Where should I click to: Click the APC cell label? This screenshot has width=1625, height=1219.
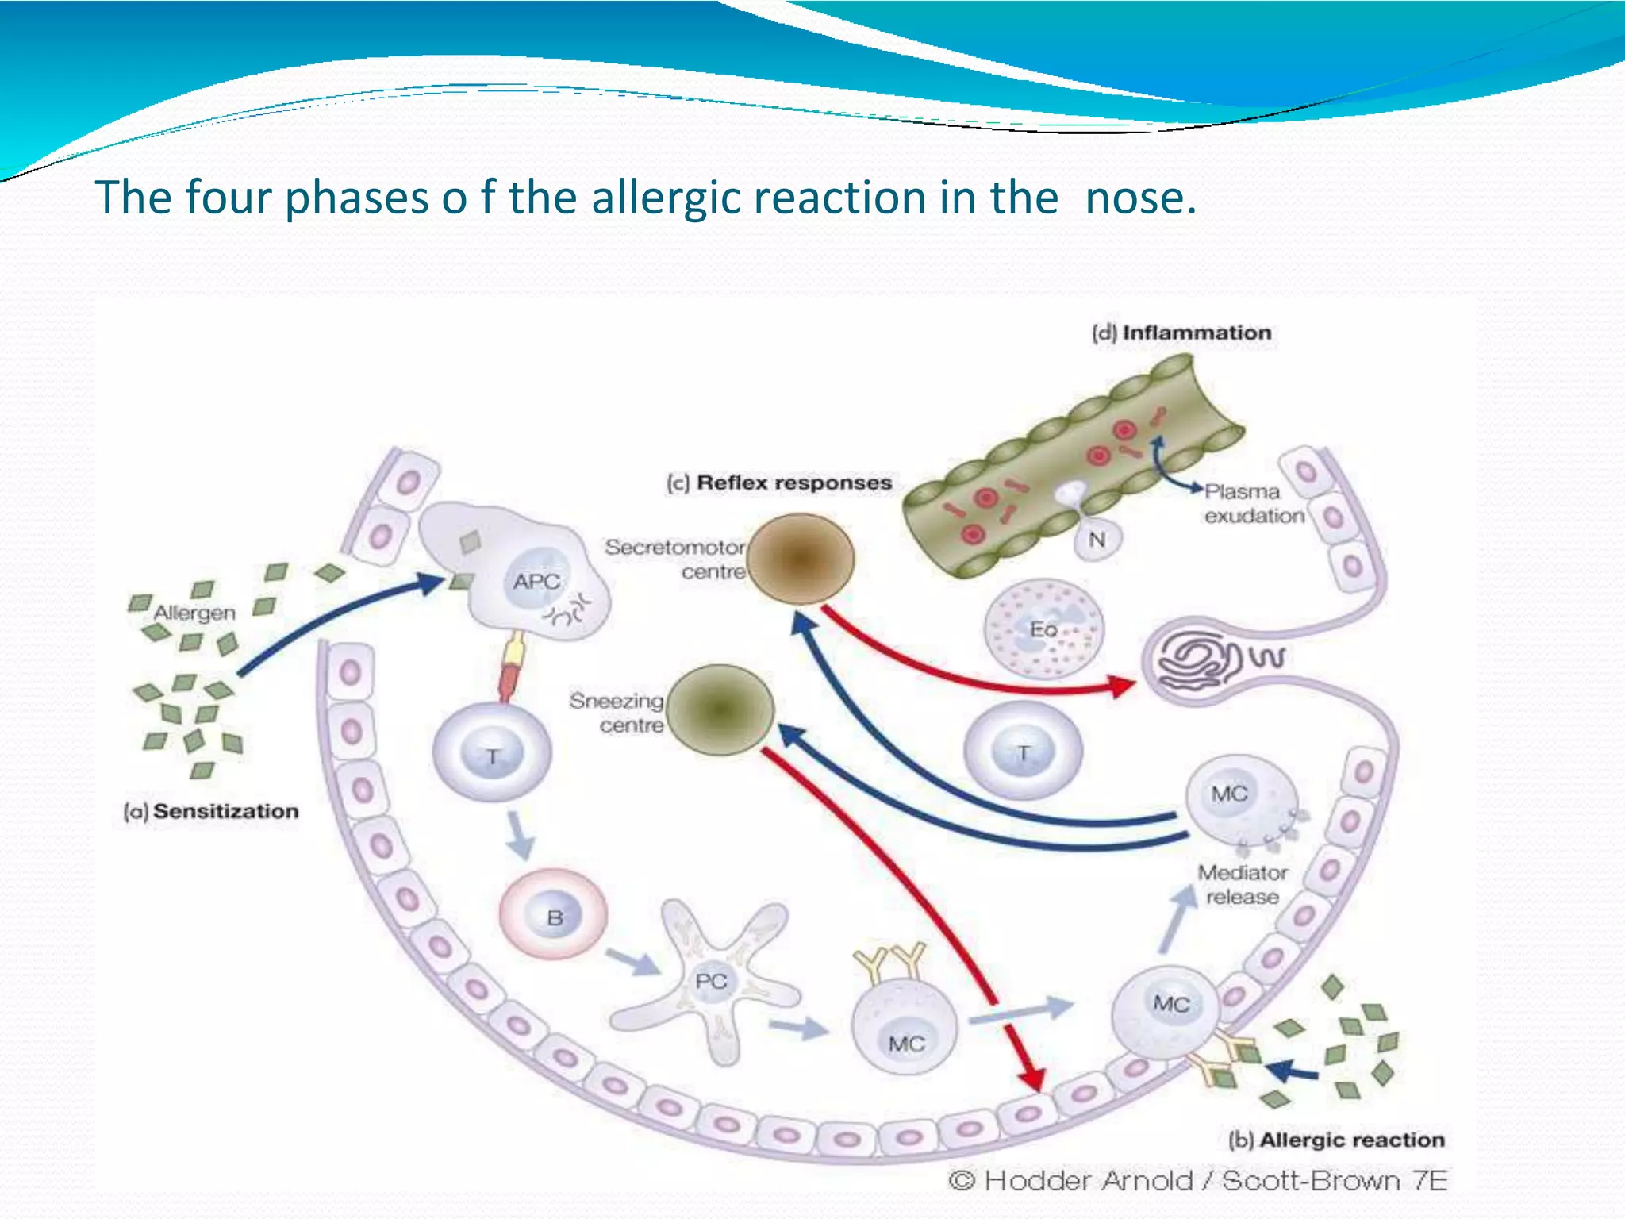pyautogui.click(x=536, y=582)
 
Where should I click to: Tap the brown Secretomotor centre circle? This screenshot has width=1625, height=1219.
pyautogui.click(x=801, y=559)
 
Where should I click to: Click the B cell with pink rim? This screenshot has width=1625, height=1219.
pyautogui.click(x=554, y=917)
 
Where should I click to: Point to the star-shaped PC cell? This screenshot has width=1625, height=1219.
pyautogui.click(x=711, y=982)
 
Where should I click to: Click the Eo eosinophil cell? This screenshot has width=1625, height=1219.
pyautogui.click(x=1043, y=629)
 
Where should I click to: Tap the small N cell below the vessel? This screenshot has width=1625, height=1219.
pyautogui.click(x=1097, y=540)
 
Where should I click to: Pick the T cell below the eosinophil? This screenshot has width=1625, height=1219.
pyautogui.click(x=1024, y=751)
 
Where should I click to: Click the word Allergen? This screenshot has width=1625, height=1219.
pyautogui.click(x=194, y=613)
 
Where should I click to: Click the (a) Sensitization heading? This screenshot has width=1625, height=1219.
pyautogui.click(x=211, y=811)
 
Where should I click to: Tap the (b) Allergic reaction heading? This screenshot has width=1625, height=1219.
pyautogui.click(x=1336, y=1140)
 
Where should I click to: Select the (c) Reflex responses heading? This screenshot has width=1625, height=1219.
pyautogui.click(x=779, y=483)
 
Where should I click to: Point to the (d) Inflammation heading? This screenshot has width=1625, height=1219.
pyautogui.click(x=1181, y=333)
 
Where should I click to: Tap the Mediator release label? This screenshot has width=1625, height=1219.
pyautogui.click(x=1243, y=884)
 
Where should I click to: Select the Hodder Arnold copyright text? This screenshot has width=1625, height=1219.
pyautogui.click(x=1198, y=1181)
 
